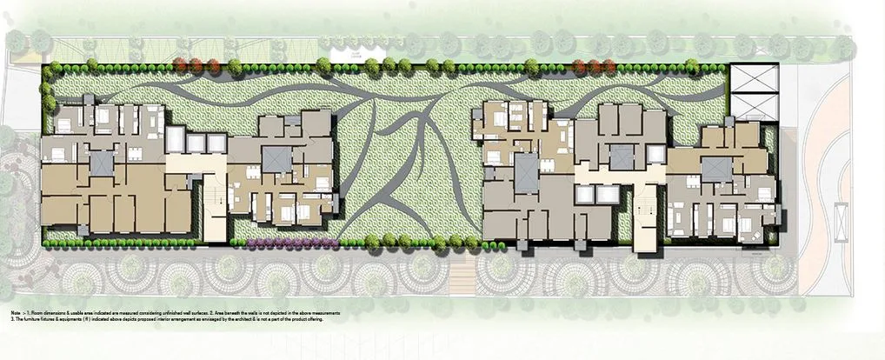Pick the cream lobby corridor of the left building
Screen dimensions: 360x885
click(x=196, y=163)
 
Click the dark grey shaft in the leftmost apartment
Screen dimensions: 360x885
click(x=102, y=162)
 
